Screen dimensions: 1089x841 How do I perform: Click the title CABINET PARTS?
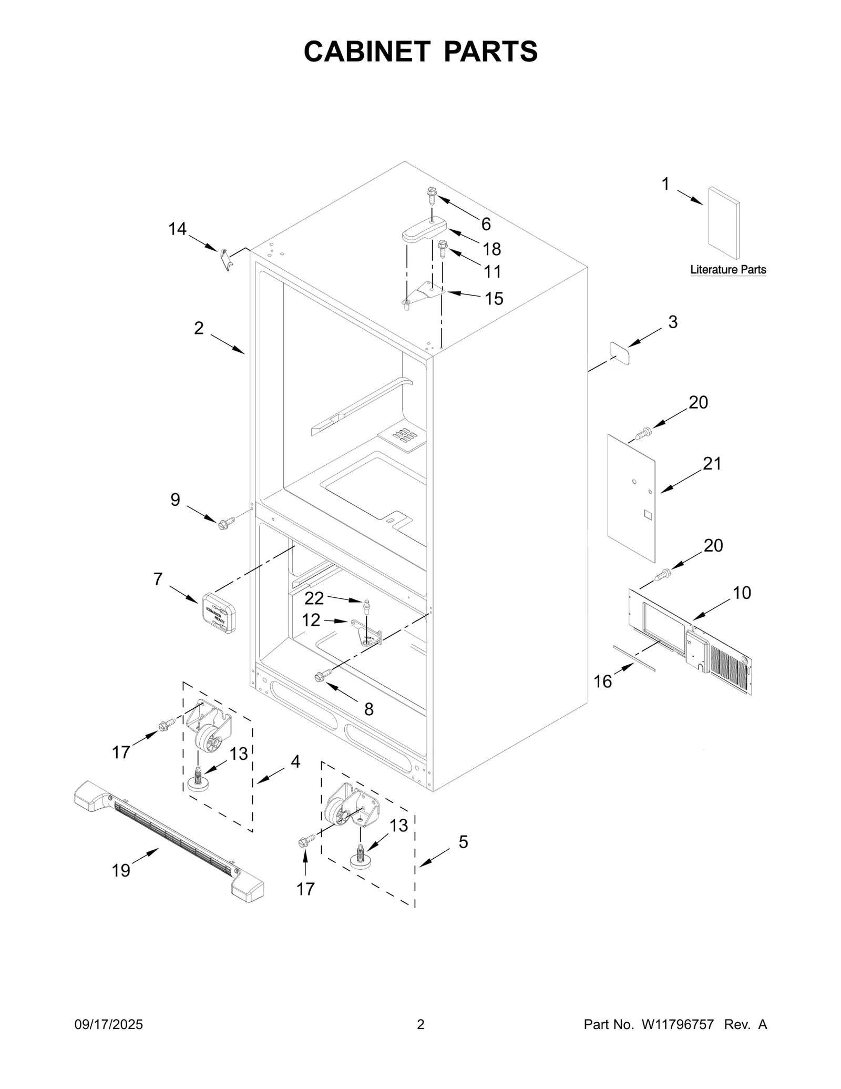(x=420, y=52)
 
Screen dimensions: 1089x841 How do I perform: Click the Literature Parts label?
(x=728, y=270)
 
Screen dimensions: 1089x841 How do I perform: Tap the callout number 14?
(x=177, y=229)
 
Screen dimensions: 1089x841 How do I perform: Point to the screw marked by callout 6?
(x=431, y=196)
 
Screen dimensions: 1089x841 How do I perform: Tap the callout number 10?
(x=742, y=593)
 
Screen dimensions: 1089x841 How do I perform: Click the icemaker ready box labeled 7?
(x=218, y=613)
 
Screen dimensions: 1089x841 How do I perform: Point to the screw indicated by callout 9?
(x=226, y=523)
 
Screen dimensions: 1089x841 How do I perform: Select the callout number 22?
(x=314, y=598)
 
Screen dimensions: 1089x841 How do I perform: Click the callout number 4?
(x=295, y=761)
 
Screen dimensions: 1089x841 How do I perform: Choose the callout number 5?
(x=463, y=841)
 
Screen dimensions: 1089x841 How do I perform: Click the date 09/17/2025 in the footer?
(x=108, y=1024)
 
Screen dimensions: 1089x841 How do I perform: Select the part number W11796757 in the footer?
(x=677, y=1024)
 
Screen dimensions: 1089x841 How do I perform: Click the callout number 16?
(x=603, y=681)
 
